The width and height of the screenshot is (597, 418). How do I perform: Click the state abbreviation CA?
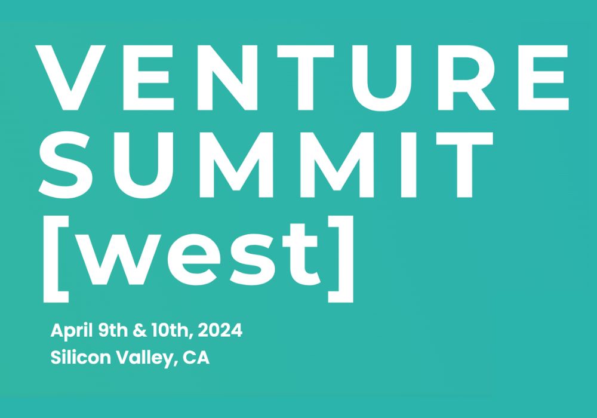196,359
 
